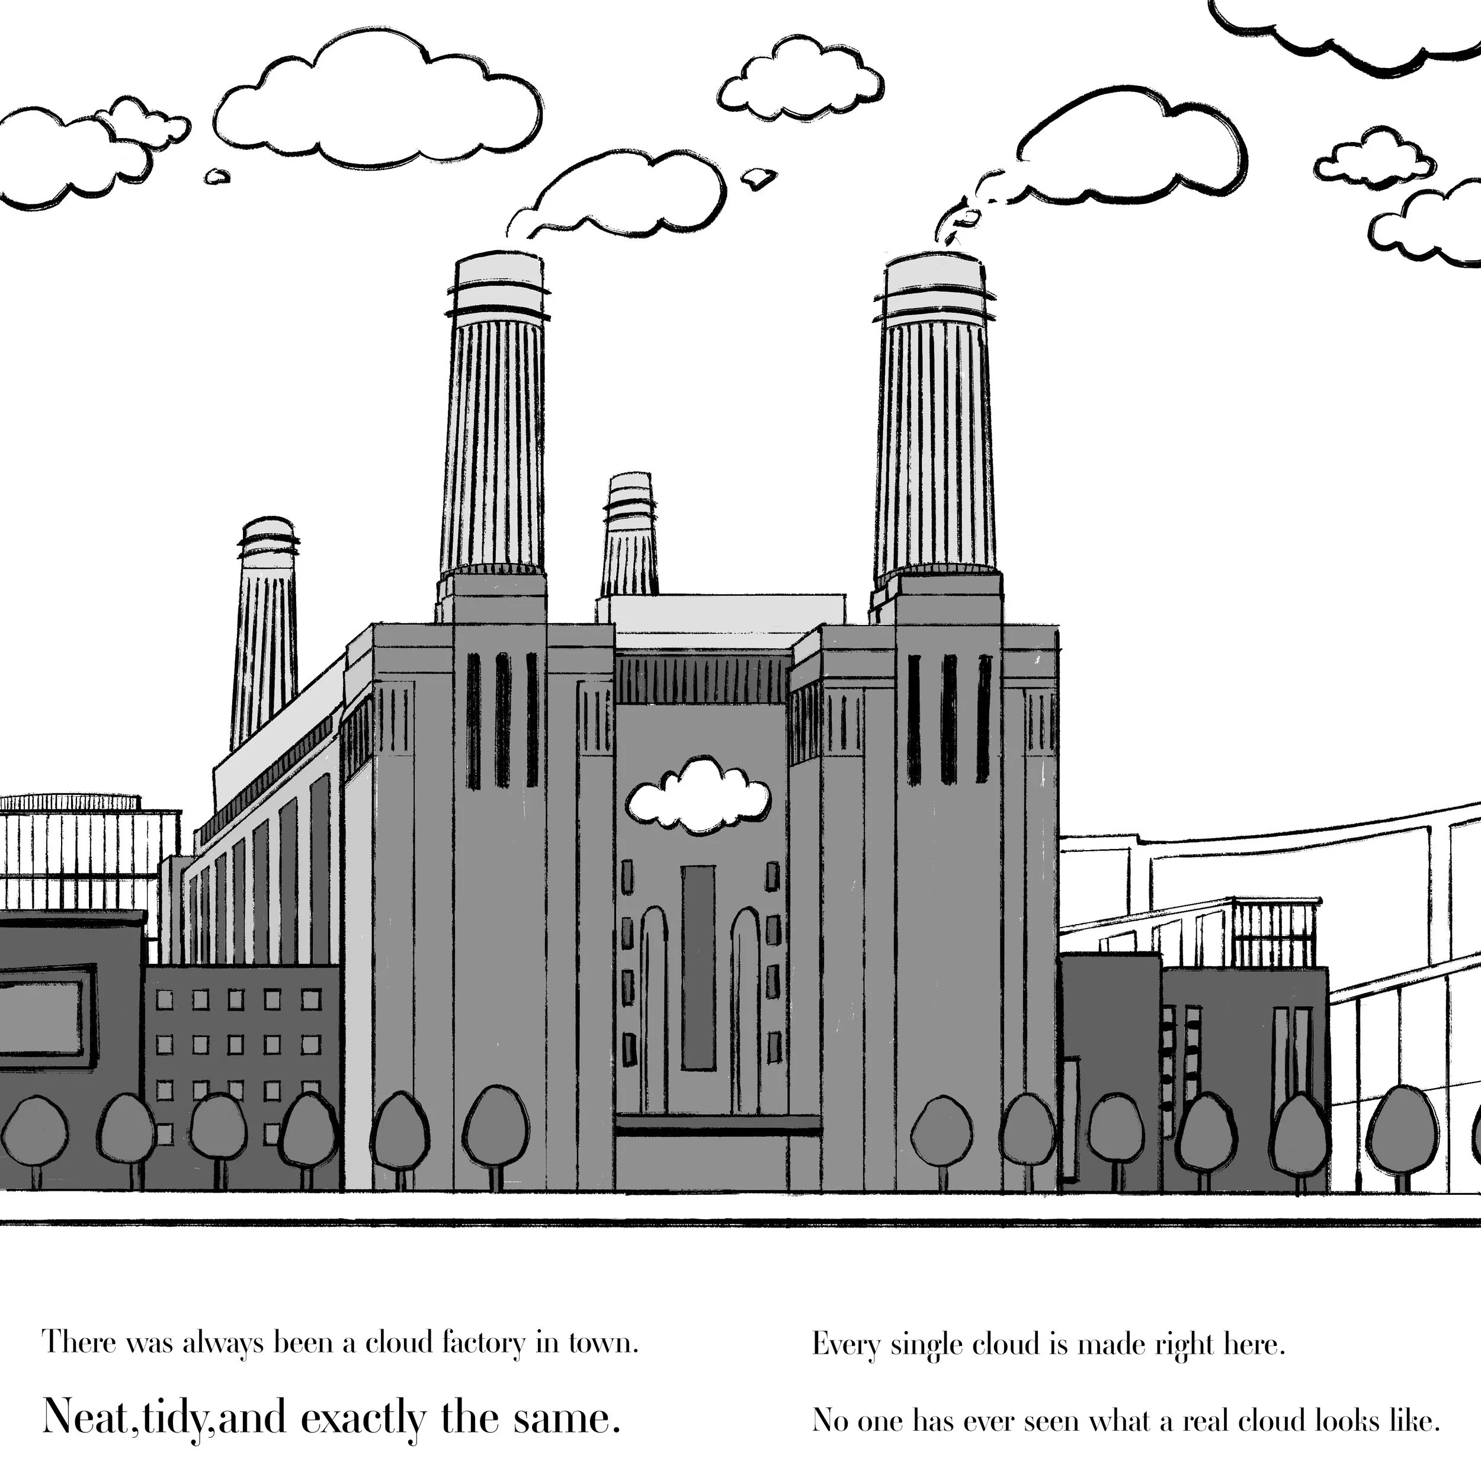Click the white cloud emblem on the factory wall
[x=698, y=797]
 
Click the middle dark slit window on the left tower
[x=503, y=720]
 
